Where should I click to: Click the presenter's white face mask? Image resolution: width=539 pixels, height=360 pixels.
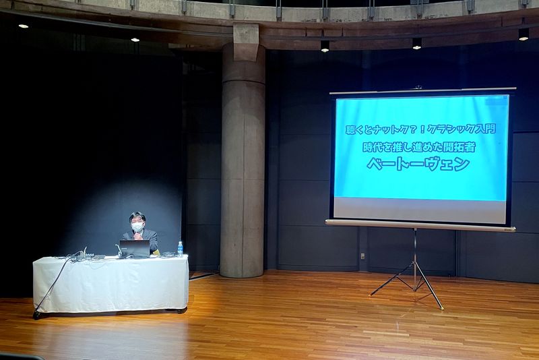tap(137, 227)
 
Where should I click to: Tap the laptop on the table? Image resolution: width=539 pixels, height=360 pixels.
tap(134, 249)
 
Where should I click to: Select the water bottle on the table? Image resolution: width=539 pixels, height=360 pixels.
tap(180, 249)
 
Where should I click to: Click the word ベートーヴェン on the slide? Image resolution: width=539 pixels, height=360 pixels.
tap(418, 164)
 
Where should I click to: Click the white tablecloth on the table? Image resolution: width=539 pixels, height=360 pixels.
tap(110, 284)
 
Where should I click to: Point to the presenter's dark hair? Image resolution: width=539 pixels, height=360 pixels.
tap(137, 217)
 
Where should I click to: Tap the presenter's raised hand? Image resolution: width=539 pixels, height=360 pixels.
tap(138, 236)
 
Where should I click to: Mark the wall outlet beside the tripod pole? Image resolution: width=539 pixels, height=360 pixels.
tap(362, 256)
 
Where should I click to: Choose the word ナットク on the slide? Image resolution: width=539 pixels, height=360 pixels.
tap(387, 129)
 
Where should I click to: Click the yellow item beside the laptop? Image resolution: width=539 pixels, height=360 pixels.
tap(156, 253)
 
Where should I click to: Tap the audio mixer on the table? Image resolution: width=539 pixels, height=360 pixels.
tap(90, 256)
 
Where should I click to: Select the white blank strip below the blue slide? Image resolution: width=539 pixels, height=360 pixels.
tap(420, 210)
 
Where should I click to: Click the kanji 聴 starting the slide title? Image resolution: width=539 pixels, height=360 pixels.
tap(350, 130)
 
